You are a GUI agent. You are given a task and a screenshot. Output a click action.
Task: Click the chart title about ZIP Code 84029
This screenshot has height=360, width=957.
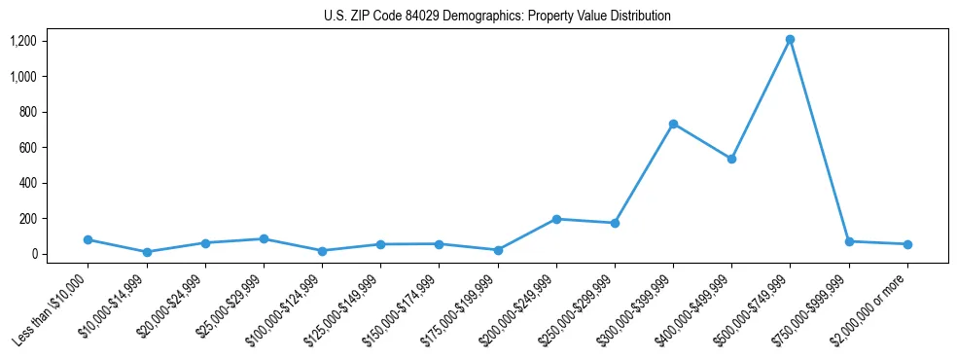coord(497,17)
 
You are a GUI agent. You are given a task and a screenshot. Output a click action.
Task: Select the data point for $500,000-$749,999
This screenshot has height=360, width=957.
coord(790,40)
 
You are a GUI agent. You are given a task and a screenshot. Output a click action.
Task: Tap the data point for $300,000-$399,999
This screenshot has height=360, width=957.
coord(673,124)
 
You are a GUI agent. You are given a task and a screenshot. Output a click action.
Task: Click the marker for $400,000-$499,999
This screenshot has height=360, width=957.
coord(731,159)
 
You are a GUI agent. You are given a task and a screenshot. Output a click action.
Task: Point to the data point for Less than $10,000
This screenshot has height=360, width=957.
coord(88,239)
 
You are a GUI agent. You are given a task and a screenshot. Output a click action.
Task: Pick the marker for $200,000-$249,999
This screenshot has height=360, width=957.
coord(556,219)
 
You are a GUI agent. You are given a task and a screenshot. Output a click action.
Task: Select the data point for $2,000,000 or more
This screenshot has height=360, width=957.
coord(907,244)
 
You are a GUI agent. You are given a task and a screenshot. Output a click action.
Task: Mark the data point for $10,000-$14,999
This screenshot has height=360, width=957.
coord(147,252)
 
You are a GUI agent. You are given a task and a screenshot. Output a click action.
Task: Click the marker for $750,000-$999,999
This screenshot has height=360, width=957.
coord(849,241)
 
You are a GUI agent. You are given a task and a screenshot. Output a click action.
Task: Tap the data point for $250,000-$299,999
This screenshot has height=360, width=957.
coord(615,223)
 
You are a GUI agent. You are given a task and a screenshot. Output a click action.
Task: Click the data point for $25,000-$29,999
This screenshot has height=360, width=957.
coord(264,238)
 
